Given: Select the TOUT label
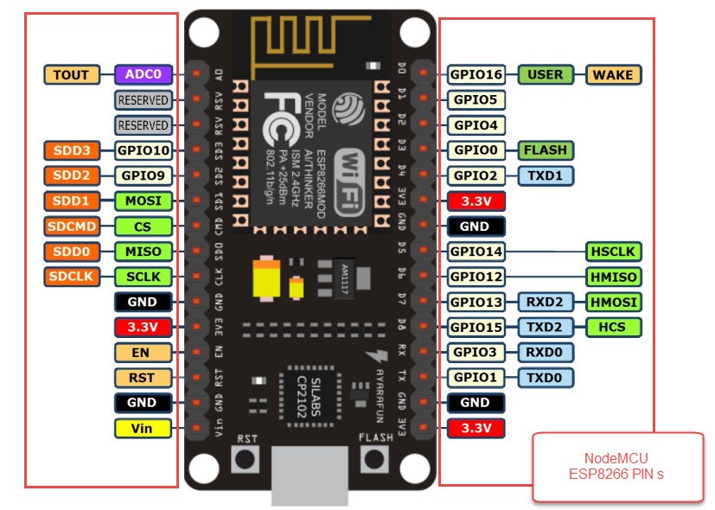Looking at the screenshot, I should coord(72,74).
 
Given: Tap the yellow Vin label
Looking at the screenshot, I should coord(143,427).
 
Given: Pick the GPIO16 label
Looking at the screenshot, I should coord(476,74).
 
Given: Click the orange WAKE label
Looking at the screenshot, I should coord(613,74).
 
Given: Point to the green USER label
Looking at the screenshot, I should coord(546,74).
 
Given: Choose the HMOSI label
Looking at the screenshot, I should coord(613,302).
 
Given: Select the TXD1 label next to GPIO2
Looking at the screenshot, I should coord(546,175).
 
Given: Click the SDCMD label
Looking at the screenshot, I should coord(72,226).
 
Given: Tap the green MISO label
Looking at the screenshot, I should coord(143,252).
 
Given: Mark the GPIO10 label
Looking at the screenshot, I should coord(143,150).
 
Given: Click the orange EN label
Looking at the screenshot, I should coord(143,352).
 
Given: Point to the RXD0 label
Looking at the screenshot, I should coord(546,352).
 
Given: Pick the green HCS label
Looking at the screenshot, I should coord(613,327).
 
